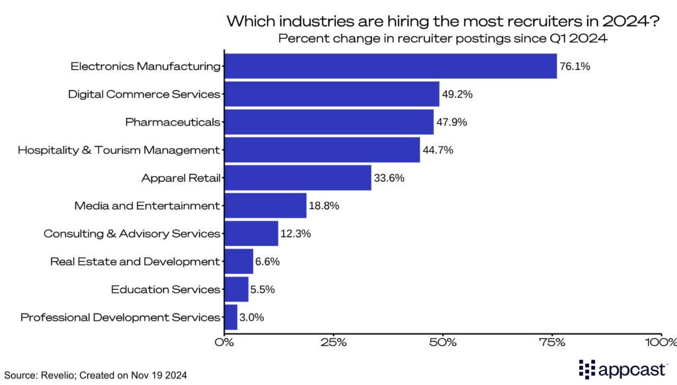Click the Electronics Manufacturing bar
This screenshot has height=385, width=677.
click(x=391, y=66)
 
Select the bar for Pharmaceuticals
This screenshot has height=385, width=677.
click(x=329, y=122)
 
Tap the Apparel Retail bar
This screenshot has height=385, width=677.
click(x=298, y=178)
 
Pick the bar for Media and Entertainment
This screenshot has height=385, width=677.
click(x=266, y=206)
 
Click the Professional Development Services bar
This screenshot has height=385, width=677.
click(x=231, y=318)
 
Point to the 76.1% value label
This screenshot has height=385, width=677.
click(x=575, y=66)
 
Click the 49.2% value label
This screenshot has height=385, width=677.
click(x=458, y=94)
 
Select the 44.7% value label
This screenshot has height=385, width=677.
click(x=438, y=150)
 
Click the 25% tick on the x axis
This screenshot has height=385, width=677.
click(x=334, y=342)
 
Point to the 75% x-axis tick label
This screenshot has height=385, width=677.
click(x=552, y=342)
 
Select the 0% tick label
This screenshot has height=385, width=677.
click(x=225, y=342)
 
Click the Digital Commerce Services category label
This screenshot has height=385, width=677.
click(x=143, y=94)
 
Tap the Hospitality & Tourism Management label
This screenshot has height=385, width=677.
click(x=118, y=150)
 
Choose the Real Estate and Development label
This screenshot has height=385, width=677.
click(x=134, y=262)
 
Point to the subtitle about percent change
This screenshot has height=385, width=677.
click(x=442, y=38)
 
